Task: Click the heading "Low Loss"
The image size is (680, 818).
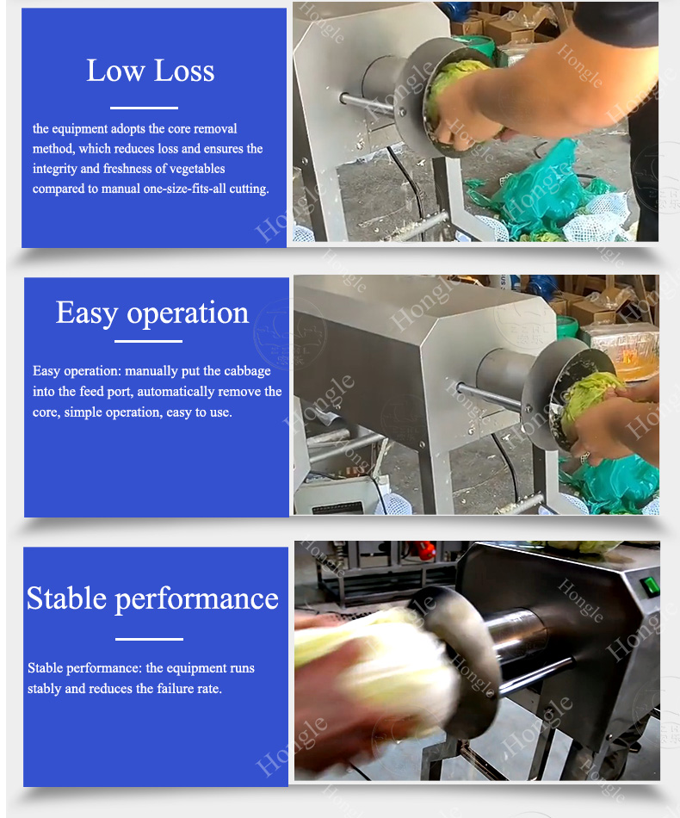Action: (x=150, y=71)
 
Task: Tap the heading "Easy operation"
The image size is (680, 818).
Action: (x=152, y=313)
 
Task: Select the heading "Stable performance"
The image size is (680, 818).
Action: (x=153, y=598)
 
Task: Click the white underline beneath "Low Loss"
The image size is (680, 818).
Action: (x=144, y=108)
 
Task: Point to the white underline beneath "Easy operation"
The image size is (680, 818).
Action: (x=148, y=342)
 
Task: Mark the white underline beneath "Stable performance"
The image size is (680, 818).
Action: (x=149, y=639)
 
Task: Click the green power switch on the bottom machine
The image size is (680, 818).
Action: (x=650, y=586)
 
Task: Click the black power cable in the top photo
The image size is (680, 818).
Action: (x=408, y=182)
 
